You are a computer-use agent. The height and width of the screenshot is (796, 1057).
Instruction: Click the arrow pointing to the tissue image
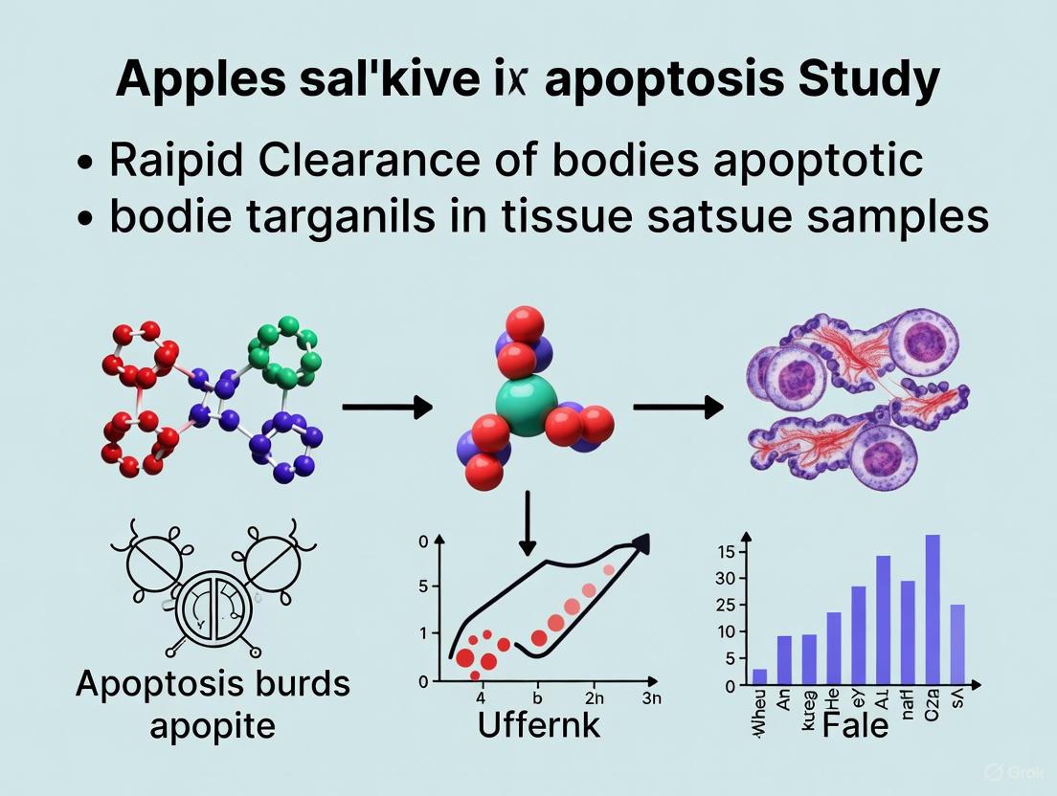(x=678, y=408)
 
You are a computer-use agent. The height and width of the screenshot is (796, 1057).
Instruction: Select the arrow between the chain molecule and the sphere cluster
(x=386, y=408)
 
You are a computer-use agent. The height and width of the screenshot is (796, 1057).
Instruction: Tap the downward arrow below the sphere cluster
(x=527, y=526)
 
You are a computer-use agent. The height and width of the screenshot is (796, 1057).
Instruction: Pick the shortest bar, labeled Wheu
(x=759, y=676)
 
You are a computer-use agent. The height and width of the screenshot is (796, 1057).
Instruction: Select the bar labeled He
(x=834, y=649)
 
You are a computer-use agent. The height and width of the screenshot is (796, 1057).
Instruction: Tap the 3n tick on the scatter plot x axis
(x=651, y=698)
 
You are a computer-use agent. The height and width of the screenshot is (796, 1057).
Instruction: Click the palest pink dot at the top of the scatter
(x=608, y=570)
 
